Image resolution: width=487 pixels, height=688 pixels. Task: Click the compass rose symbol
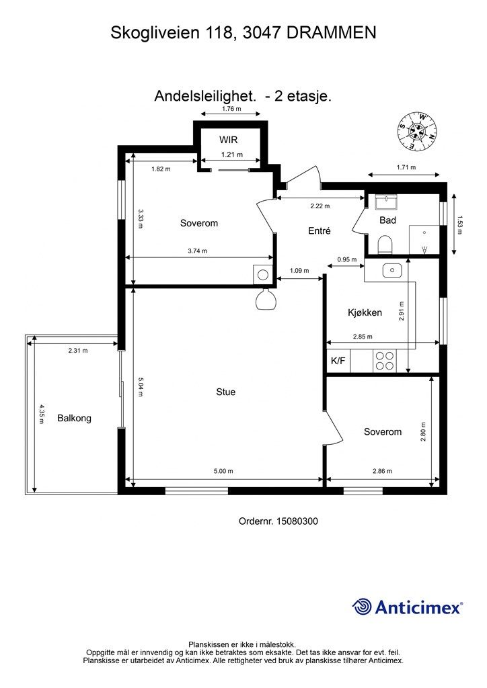[x=417, y=130]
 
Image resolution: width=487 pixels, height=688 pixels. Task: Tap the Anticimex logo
[x=407, y=607]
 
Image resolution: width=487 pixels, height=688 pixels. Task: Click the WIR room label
[x=228, y=140]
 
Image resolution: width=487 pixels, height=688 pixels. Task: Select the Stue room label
[x=226, y=392]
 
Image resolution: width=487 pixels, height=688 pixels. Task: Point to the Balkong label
[x=74, y=418]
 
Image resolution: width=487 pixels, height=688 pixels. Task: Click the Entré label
[x=320, y=230]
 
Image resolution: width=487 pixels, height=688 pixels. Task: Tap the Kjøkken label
[x=365, y=313]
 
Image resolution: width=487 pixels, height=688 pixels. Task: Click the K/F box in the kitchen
[x=338, y=361]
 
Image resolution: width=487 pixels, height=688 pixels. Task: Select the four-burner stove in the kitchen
[x=385, y=361]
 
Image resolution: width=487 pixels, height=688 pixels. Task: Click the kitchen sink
[x=392, y=271]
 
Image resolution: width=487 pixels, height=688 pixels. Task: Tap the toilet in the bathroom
[x=385, y=245]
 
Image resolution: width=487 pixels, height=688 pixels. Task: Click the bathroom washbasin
[x=386, y=202]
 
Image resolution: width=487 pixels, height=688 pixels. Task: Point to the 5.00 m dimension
[x=223, y=471]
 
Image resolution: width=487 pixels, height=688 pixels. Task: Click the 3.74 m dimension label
[x=197, y=251]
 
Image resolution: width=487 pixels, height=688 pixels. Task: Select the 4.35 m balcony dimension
[x=41, y=414]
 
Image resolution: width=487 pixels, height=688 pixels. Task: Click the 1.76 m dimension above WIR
[x=231, y=109]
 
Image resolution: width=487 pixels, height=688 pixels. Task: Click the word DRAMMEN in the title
[x=332, y=33]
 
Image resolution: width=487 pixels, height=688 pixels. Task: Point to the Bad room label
[x=387, y=220]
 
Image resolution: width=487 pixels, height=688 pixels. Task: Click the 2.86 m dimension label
[x=382, y=471]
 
